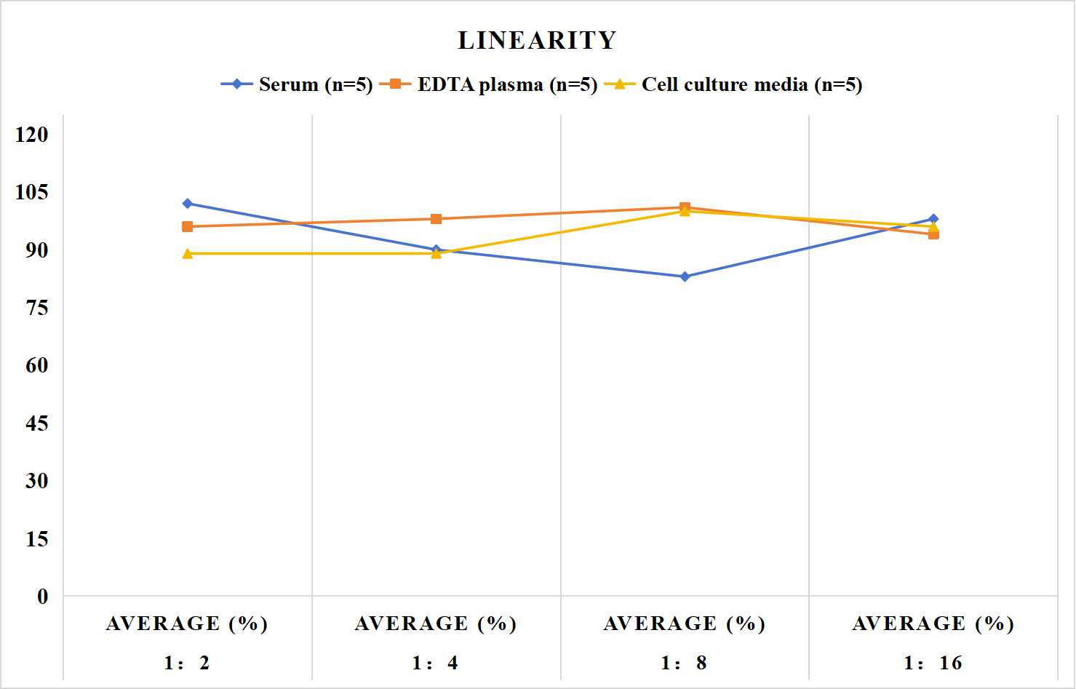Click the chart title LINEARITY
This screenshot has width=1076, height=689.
click(537, 40)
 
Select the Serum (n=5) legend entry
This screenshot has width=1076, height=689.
click(297, 84)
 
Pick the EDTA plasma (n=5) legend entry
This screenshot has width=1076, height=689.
click(488, 84)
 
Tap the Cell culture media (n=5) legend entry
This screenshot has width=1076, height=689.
click(733, 84)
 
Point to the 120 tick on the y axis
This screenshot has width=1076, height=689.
click(32, 135)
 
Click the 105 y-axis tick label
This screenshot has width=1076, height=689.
click(32, 192)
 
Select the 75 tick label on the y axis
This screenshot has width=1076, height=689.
click(37, 308)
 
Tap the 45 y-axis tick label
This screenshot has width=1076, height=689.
click(37, 423)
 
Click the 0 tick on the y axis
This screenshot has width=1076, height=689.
click(43, 597)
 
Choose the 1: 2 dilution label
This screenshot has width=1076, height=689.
click(188, 663)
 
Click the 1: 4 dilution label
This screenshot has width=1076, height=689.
click(436, 663)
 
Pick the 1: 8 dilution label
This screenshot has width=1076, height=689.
click(685, 663)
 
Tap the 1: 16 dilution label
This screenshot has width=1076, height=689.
click(933, 663)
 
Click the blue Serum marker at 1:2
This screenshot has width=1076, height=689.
click(188, 204)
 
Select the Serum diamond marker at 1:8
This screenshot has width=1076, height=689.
click(685, 276)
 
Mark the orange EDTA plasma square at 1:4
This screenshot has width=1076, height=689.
click(437, 219)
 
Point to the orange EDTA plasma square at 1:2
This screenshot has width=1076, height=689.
click(188, 227)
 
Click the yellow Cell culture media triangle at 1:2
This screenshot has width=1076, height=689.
click(188, 253)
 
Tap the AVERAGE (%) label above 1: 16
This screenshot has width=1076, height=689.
click(933, 624)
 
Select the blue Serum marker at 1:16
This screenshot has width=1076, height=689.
click(933, 218)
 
